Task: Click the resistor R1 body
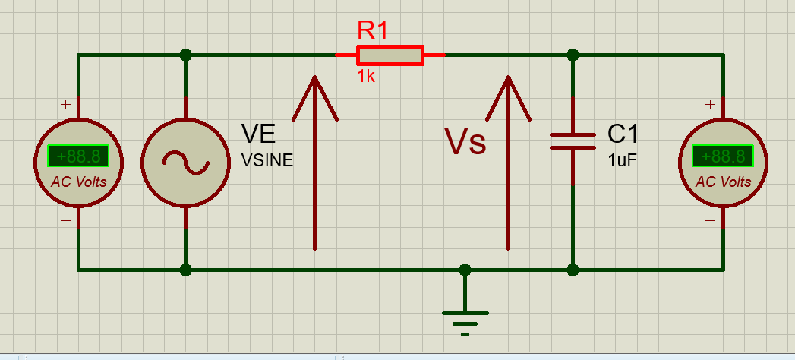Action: coord(390,55)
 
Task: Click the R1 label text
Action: coord(373,31)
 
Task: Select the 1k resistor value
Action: coord(366,76)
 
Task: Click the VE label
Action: coord(258,134)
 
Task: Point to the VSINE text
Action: coord(267,160)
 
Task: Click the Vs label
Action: coord(465,142)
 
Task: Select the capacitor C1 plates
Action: coord(573,141)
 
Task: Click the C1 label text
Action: coord(623,134)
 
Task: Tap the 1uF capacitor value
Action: coord(622,160)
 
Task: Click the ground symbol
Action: coord(465,319)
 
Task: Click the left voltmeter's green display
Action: coord(78,156)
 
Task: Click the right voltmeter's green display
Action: coord(723,156)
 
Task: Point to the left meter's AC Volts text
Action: coord(78,182)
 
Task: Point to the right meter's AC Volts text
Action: coord(723,182)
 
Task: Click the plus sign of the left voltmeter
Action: coord(65,105)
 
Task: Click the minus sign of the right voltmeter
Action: coord(710,221)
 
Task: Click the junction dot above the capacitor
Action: coord(573,55)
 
